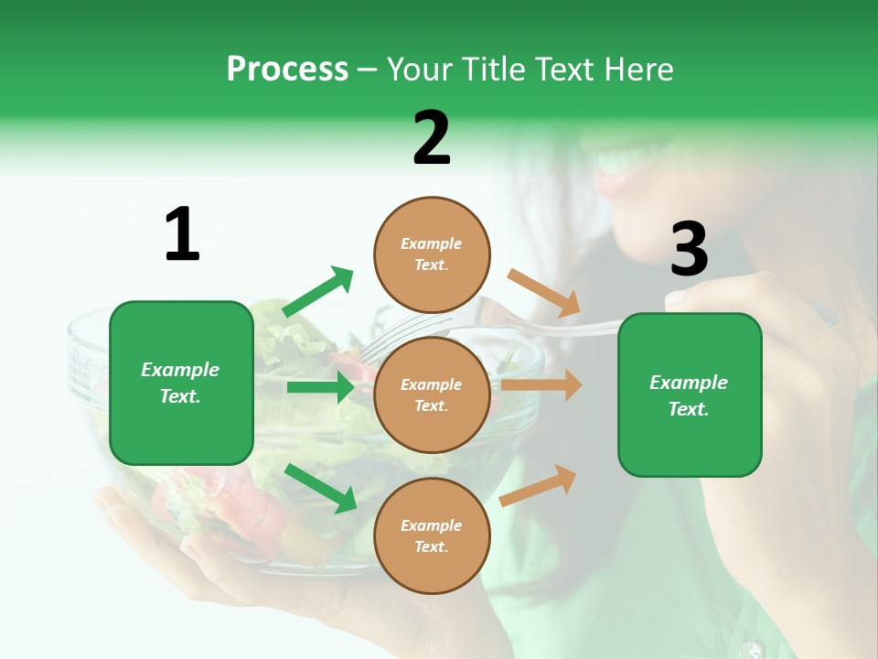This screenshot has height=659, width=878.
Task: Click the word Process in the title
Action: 287,69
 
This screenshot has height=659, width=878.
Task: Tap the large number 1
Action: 182,235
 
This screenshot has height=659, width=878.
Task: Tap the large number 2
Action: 432,138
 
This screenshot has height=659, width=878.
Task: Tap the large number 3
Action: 689,250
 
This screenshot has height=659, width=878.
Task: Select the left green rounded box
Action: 181,383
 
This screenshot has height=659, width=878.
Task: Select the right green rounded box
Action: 690,395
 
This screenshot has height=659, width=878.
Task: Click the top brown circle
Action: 432,254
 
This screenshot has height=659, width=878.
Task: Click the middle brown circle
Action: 432,395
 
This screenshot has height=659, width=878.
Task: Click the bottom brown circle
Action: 432,536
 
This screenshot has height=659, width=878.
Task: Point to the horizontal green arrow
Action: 320,387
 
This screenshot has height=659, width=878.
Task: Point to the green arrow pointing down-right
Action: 320,488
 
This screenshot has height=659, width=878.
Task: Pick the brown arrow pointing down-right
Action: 544,292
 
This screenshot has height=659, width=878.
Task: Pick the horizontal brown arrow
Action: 541,385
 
